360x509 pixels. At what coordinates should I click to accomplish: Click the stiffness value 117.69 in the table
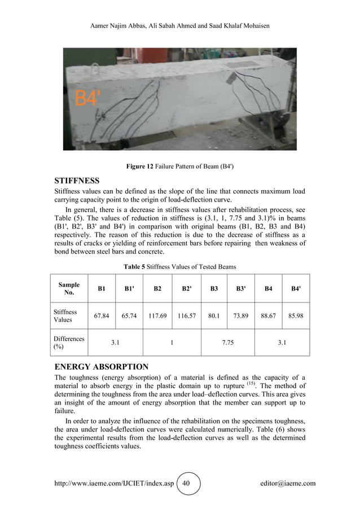click(x=157, y=317)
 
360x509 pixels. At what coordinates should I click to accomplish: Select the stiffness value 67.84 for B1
click(x=102, y=317)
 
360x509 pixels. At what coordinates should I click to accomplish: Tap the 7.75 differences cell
click(x=227, y=343)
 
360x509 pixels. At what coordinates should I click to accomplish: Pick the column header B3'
click(x=241, y=289)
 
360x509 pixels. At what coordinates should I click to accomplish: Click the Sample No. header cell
click(x=69, y=289)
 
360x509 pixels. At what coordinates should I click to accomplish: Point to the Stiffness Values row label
click(x=65, y=316)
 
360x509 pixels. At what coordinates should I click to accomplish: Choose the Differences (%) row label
click(x=68, y=343)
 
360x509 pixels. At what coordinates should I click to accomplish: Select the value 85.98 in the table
click(x=296, y=317)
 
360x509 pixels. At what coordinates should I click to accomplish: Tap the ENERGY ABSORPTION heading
click(x=101, y=366)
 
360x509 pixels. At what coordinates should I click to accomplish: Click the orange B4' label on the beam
click(x=89, y=99)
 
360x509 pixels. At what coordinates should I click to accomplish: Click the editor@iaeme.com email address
click(x=288, y=484)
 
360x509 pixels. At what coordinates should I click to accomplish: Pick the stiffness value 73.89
click(x=241, y=317)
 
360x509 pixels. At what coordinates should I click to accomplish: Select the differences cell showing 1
click(x=172, y=343)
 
